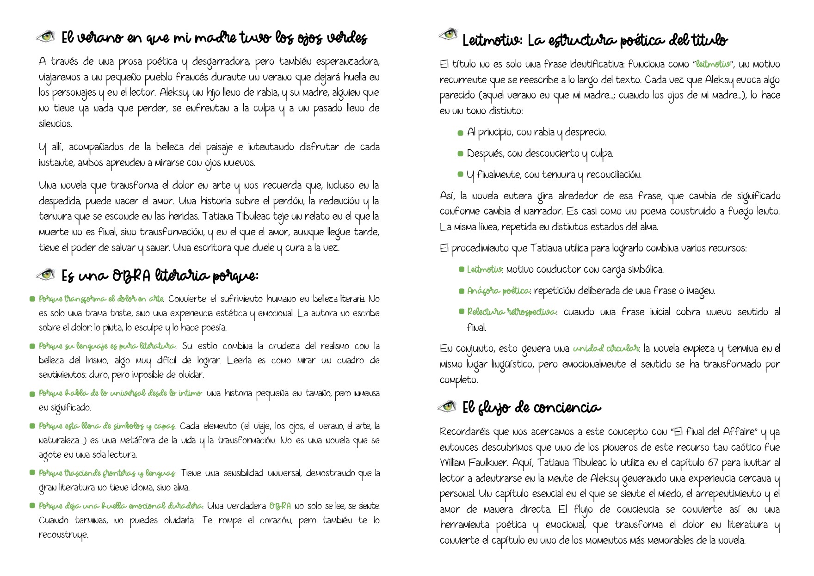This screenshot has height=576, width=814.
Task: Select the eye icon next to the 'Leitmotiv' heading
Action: (447, 34)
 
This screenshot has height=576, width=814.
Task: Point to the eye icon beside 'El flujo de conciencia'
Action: (447, 406)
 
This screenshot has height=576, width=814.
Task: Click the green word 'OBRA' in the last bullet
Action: (280, 506)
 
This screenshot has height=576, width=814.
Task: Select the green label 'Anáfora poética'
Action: (498, 291)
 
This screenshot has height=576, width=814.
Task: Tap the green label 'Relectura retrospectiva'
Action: (511, 312)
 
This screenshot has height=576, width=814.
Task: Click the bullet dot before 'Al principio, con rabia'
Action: (460, 133)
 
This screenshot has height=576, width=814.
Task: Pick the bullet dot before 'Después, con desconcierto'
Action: (460, 154)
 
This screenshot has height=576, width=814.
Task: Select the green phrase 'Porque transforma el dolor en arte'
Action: (101, 299)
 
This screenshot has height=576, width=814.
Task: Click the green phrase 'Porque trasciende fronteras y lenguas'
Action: (107, 473)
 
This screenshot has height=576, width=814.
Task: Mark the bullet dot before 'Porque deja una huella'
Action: (32, 506)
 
